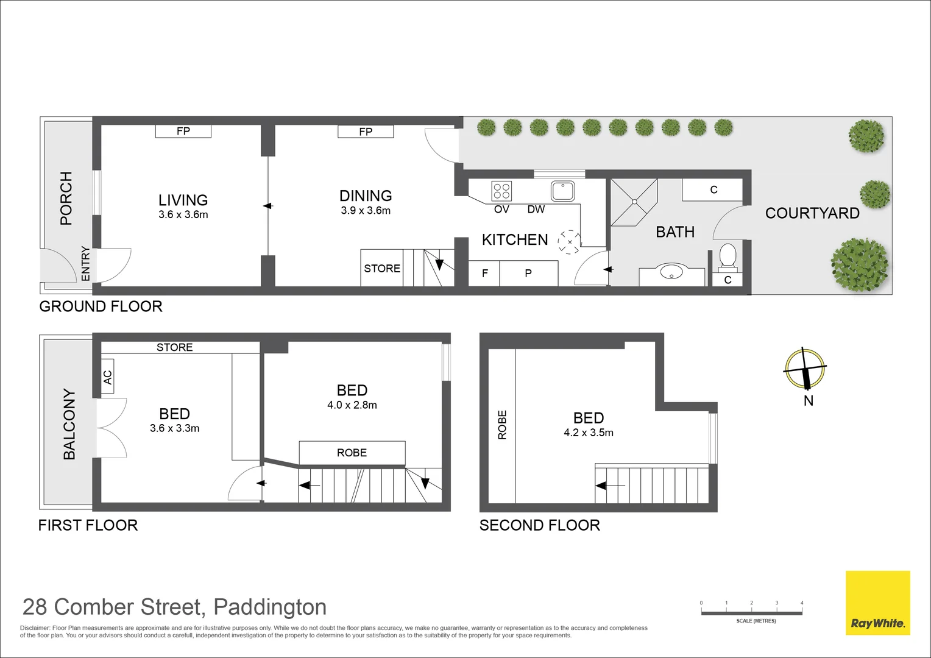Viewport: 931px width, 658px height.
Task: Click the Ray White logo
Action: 877,603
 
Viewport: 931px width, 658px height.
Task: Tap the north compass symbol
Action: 805,370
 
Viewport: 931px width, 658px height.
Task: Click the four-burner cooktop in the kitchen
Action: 501,191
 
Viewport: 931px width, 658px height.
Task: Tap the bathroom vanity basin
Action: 671,272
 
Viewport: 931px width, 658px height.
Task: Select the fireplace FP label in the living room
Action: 183,131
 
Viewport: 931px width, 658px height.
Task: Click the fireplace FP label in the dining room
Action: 366,132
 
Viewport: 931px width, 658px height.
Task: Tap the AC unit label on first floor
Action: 108,377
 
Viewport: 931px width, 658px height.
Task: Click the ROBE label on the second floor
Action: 502,425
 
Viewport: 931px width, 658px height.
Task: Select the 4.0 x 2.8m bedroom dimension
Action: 352,405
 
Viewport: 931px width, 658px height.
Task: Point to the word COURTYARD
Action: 812,213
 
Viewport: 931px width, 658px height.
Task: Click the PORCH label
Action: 66,199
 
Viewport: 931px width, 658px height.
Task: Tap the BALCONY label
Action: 69,424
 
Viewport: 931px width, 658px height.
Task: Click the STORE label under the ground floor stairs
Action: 382,269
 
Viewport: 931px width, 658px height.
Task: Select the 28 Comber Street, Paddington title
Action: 174,607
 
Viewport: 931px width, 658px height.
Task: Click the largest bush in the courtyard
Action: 860,264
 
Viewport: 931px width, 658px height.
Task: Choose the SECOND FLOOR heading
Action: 539,525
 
